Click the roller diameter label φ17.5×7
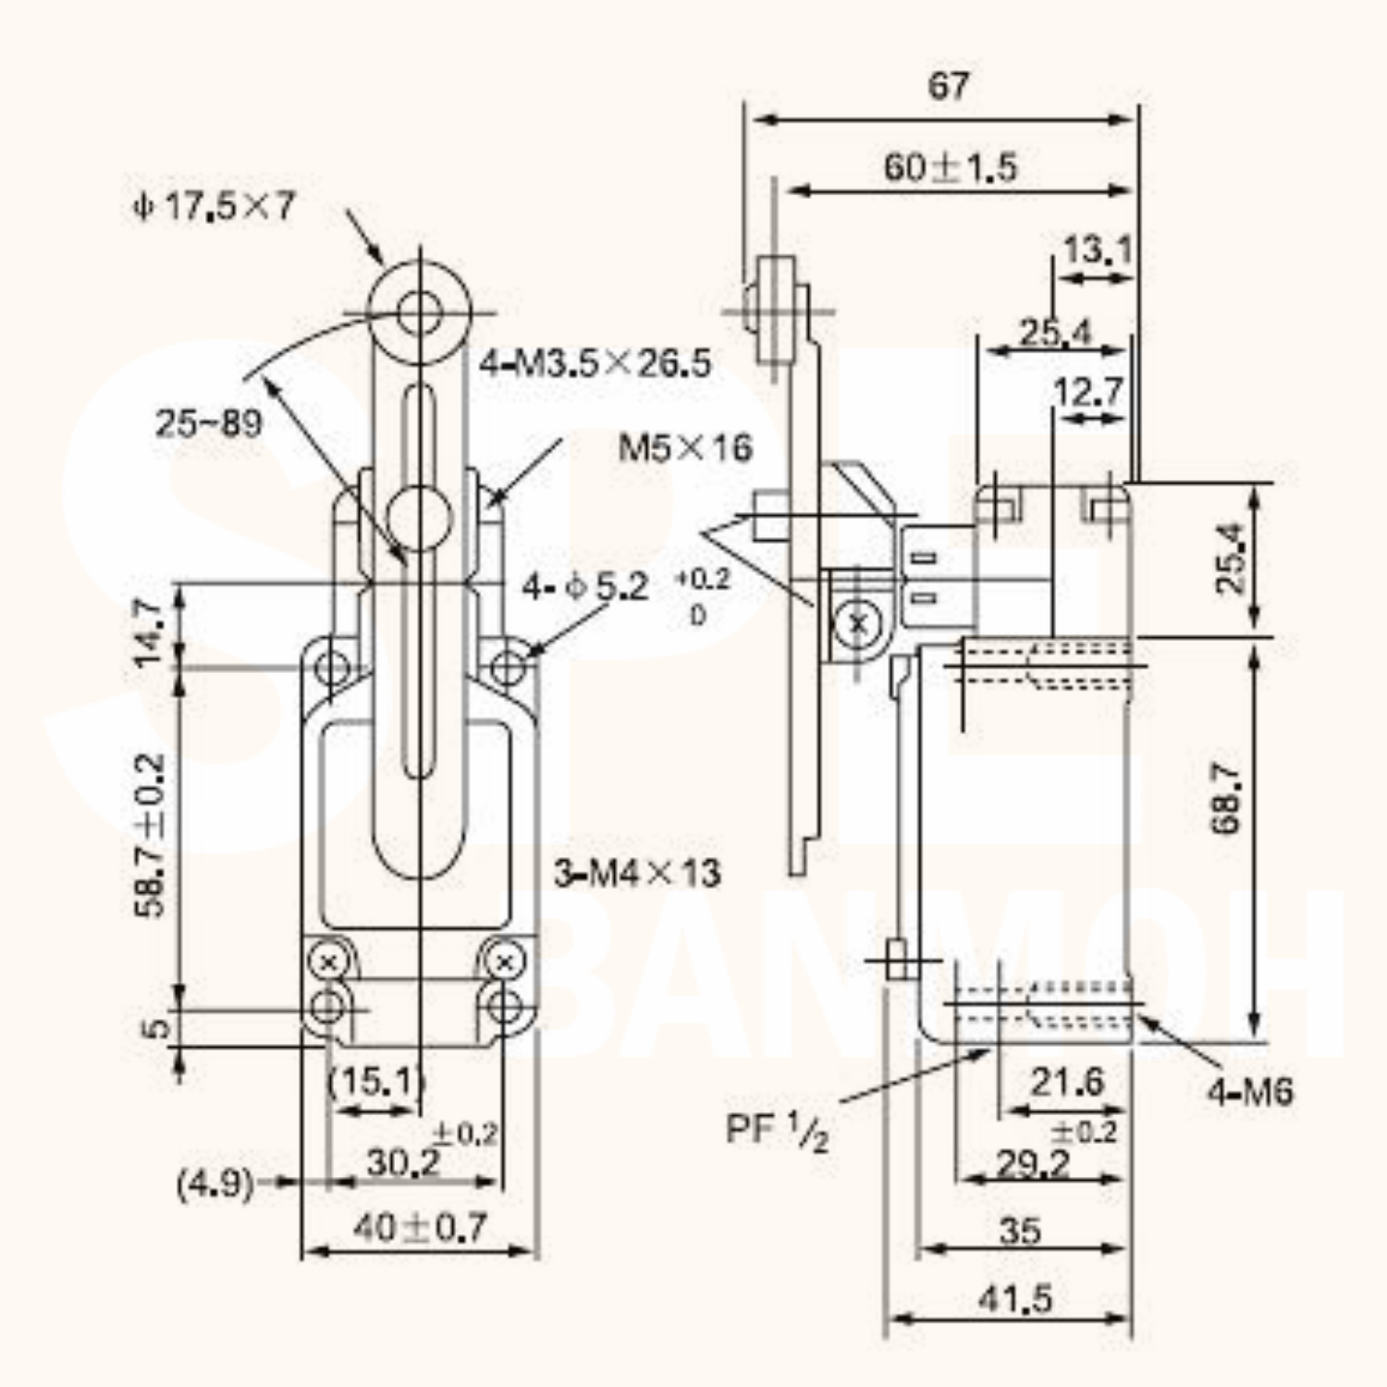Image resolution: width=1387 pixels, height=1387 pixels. pos(214,206)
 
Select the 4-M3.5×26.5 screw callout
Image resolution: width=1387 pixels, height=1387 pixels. pos(595,364)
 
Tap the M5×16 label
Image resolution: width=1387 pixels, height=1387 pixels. pos(685,448)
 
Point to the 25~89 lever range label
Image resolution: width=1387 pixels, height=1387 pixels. pos(208,423)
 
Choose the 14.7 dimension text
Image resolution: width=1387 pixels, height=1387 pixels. pos(148,632)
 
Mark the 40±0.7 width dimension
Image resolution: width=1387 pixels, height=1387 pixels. pos(420,1228)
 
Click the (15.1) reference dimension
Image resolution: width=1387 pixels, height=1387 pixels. pos(377,1080)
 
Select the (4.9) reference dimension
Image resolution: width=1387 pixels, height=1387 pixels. pos(215,1184)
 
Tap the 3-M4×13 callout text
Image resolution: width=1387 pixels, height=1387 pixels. pos(637,872)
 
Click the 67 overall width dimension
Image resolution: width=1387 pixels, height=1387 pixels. pos(949,86)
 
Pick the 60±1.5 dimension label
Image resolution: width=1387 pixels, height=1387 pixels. pos(951,167)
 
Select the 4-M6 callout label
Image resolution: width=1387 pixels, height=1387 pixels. pos(1249,1092)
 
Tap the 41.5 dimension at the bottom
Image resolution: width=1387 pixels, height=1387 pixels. pos(1015,1299)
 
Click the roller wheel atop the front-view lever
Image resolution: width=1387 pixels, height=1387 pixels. pos(421,311)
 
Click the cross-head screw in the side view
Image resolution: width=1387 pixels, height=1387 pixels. pos(857,625)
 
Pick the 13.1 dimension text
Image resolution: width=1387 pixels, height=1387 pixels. pos(1097,250)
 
